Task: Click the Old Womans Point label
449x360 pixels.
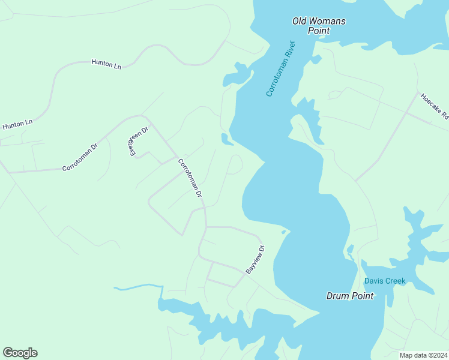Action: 319,26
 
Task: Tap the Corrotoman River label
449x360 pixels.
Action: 281,68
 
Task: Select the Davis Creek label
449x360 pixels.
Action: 385,281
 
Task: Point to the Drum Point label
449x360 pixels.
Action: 350,296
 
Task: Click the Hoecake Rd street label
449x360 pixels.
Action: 435,106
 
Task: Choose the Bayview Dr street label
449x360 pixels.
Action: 255,259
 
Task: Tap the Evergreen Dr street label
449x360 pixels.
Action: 139,142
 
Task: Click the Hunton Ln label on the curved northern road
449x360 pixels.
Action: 106,64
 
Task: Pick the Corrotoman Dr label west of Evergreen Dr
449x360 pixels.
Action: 80,157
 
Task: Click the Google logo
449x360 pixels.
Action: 20,353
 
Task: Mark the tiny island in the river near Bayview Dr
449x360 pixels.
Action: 283,232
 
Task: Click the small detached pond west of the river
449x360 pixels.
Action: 227,140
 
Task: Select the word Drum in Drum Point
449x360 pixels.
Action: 337,296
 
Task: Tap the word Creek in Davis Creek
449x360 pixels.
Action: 396,281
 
